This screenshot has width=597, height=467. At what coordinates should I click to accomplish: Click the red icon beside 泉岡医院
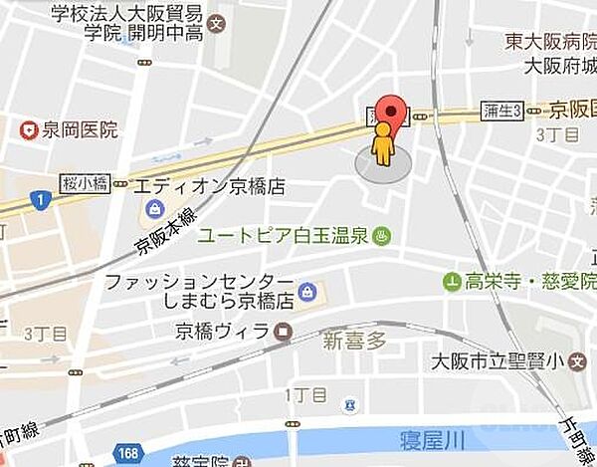(30, 129)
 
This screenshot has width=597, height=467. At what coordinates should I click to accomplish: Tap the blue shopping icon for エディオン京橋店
(154, 209)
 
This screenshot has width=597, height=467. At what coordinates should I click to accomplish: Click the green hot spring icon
(381, 237)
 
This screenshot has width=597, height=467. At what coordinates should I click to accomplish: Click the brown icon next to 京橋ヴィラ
(285, 331)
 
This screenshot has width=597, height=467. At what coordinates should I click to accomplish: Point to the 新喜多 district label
(353, 342)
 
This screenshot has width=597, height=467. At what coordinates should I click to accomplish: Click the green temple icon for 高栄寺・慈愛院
(454, 282)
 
